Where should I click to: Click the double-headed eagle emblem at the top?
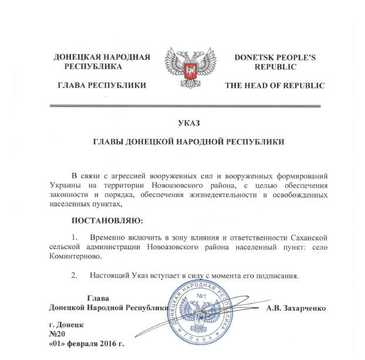tap(190, 70)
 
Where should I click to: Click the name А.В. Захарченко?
tap(295, 307)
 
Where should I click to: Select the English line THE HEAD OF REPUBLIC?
tap(275, 86)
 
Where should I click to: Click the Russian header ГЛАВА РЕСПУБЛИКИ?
tap(102, 86)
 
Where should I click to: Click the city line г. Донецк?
tap(67, 324)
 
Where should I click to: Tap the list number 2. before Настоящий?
tap(74, 274)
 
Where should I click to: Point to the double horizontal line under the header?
tap(189, 106)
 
